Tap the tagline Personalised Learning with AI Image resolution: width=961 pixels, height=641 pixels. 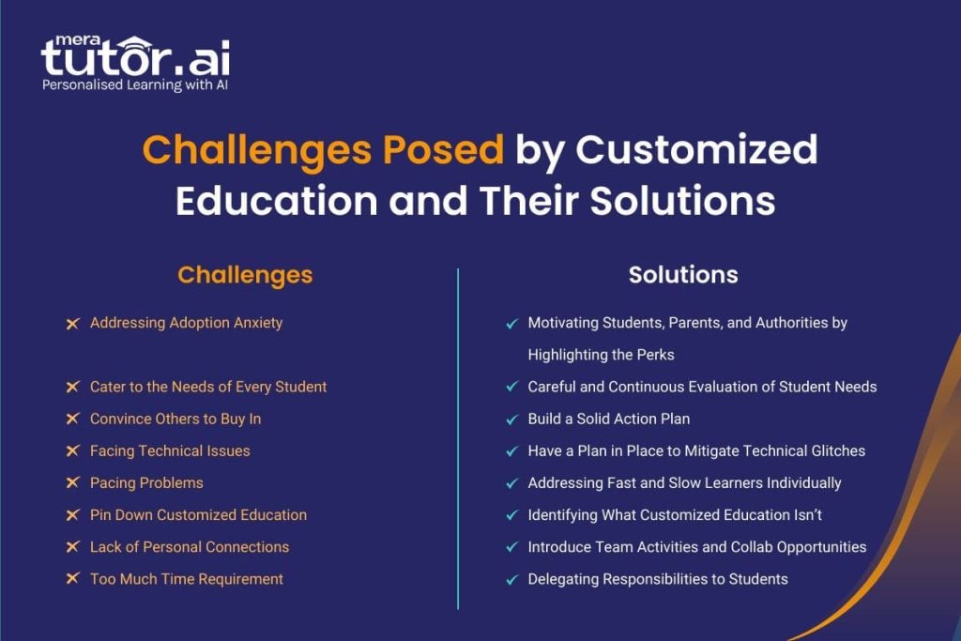pos(135,85)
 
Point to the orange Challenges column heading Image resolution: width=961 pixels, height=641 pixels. pos(245,275)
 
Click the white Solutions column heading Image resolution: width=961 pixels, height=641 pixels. pos(683,275)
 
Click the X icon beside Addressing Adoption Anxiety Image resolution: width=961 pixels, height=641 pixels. pos(72,323)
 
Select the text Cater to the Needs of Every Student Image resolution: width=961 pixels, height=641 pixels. pos(208,387)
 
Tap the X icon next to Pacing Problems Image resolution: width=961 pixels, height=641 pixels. pos(72,483)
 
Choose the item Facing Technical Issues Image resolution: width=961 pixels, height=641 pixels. pos(170,451)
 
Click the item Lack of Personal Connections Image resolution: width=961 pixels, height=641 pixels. pos(190,547)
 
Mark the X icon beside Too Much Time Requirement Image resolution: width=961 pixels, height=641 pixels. pos(72,579)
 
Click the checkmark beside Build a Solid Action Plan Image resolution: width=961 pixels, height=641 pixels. pos(511,420)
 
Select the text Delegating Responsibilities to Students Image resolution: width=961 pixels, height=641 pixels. pos(658,579)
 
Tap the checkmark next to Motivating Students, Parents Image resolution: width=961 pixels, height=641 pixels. pos(511,324)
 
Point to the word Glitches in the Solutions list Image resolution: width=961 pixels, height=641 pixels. pos(834,451)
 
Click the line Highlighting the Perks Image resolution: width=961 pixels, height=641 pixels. pos(601,355)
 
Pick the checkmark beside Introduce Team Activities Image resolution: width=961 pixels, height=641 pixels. pos(511,547)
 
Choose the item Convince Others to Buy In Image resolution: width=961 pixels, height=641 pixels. pos(175,420)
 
